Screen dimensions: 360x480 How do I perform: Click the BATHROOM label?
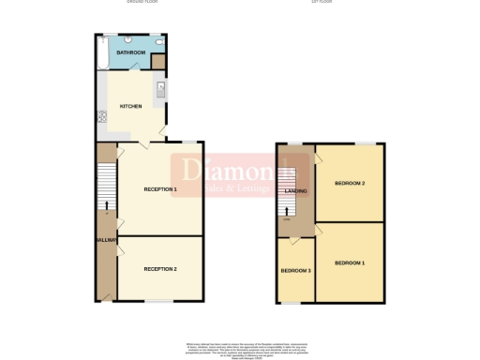click(131, 52)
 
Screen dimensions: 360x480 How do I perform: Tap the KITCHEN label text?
click(131, 106)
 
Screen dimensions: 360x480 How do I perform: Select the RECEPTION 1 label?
click(159, 189)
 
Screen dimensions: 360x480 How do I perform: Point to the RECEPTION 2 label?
click(159, 269)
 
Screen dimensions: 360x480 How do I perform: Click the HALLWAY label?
click(106, 241)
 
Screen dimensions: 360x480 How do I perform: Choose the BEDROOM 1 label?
click(350, 262)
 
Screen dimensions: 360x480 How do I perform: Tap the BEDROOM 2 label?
click(350, 183)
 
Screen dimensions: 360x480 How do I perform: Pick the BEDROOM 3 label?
click(294, 271)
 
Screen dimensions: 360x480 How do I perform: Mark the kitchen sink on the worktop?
click(160, 90)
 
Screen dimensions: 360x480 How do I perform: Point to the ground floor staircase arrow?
click(105, 204)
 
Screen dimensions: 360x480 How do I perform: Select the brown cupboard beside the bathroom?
click(158, 62)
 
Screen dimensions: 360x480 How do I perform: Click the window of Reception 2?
click(159, 301)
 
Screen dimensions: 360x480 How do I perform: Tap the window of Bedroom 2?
click(365, 143)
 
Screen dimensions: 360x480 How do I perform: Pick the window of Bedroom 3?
click(292, 303)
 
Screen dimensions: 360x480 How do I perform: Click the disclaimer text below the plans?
click(240, 350)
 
